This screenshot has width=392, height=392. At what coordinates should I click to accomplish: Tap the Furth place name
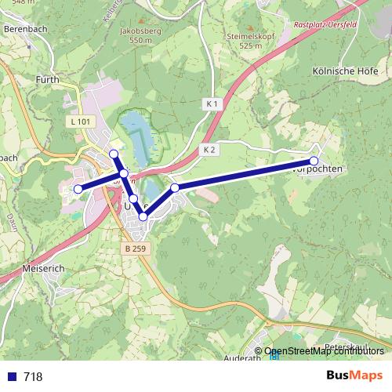(x=48, y=79)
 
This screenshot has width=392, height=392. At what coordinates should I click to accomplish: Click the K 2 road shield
(x=208, y=149)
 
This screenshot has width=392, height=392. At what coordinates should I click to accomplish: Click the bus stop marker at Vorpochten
(x=314, y=161)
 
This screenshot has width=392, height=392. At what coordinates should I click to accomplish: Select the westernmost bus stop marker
(x=78, y=189)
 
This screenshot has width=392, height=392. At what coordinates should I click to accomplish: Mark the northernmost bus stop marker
(x=114, y=154)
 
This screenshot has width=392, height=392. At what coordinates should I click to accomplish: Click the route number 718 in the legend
(x=33, y=376)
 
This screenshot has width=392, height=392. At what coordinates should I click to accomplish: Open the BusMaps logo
(x=354, y=376)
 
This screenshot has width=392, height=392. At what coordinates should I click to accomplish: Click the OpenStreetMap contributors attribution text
(x=323, y=351)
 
